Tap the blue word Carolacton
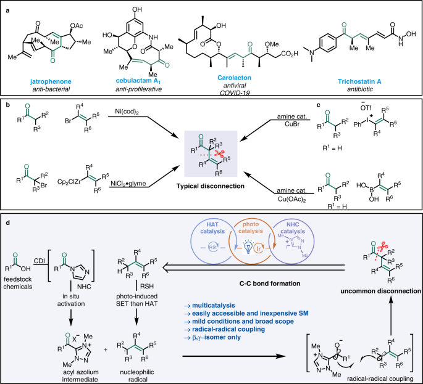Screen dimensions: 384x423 pos(219,80)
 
